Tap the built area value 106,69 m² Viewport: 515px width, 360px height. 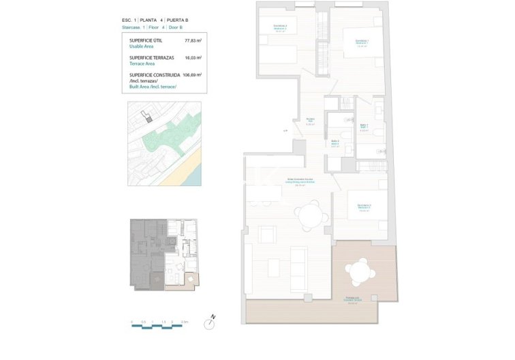click(x=193, y=75)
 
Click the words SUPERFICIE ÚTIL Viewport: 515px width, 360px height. click(x=145, y=41)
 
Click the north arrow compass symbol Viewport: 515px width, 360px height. click(x=213, y=317)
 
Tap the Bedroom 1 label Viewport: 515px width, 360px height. click(x=362, y=43)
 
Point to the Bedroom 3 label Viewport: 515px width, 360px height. click(x=364, y=207)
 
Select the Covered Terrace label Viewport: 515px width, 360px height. click(x=352, y=300)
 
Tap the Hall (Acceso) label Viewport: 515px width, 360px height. click(x=310, y=122)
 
